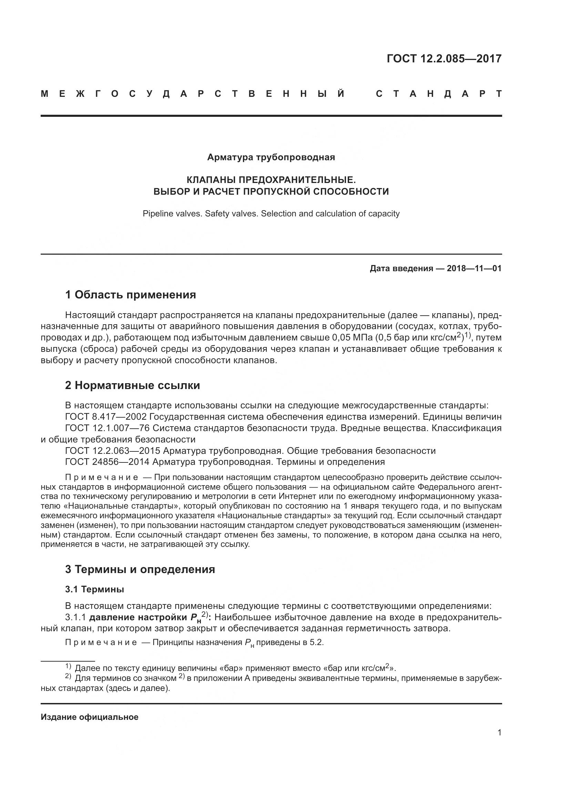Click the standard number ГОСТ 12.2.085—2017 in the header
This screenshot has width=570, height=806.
click(444, 58)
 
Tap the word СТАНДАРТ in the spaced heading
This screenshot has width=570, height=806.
click(439, 94)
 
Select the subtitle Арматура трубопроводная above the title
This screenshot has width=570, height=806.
click(271, 157)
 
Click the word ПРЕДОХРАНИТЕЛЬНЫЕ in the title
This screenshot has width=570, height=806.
click(297, 180)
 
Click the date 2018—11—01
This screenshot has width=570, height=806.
click(474, 268)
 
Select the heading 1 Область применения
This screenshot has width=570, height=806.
click(131, 295)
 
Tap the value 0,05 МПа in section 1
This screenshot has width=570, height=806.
click(352, 338)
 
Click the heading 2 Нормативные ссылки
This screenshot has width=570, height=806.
click(132, 386)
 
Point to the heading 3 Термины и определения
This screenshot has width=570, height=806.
click(140, 569)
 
